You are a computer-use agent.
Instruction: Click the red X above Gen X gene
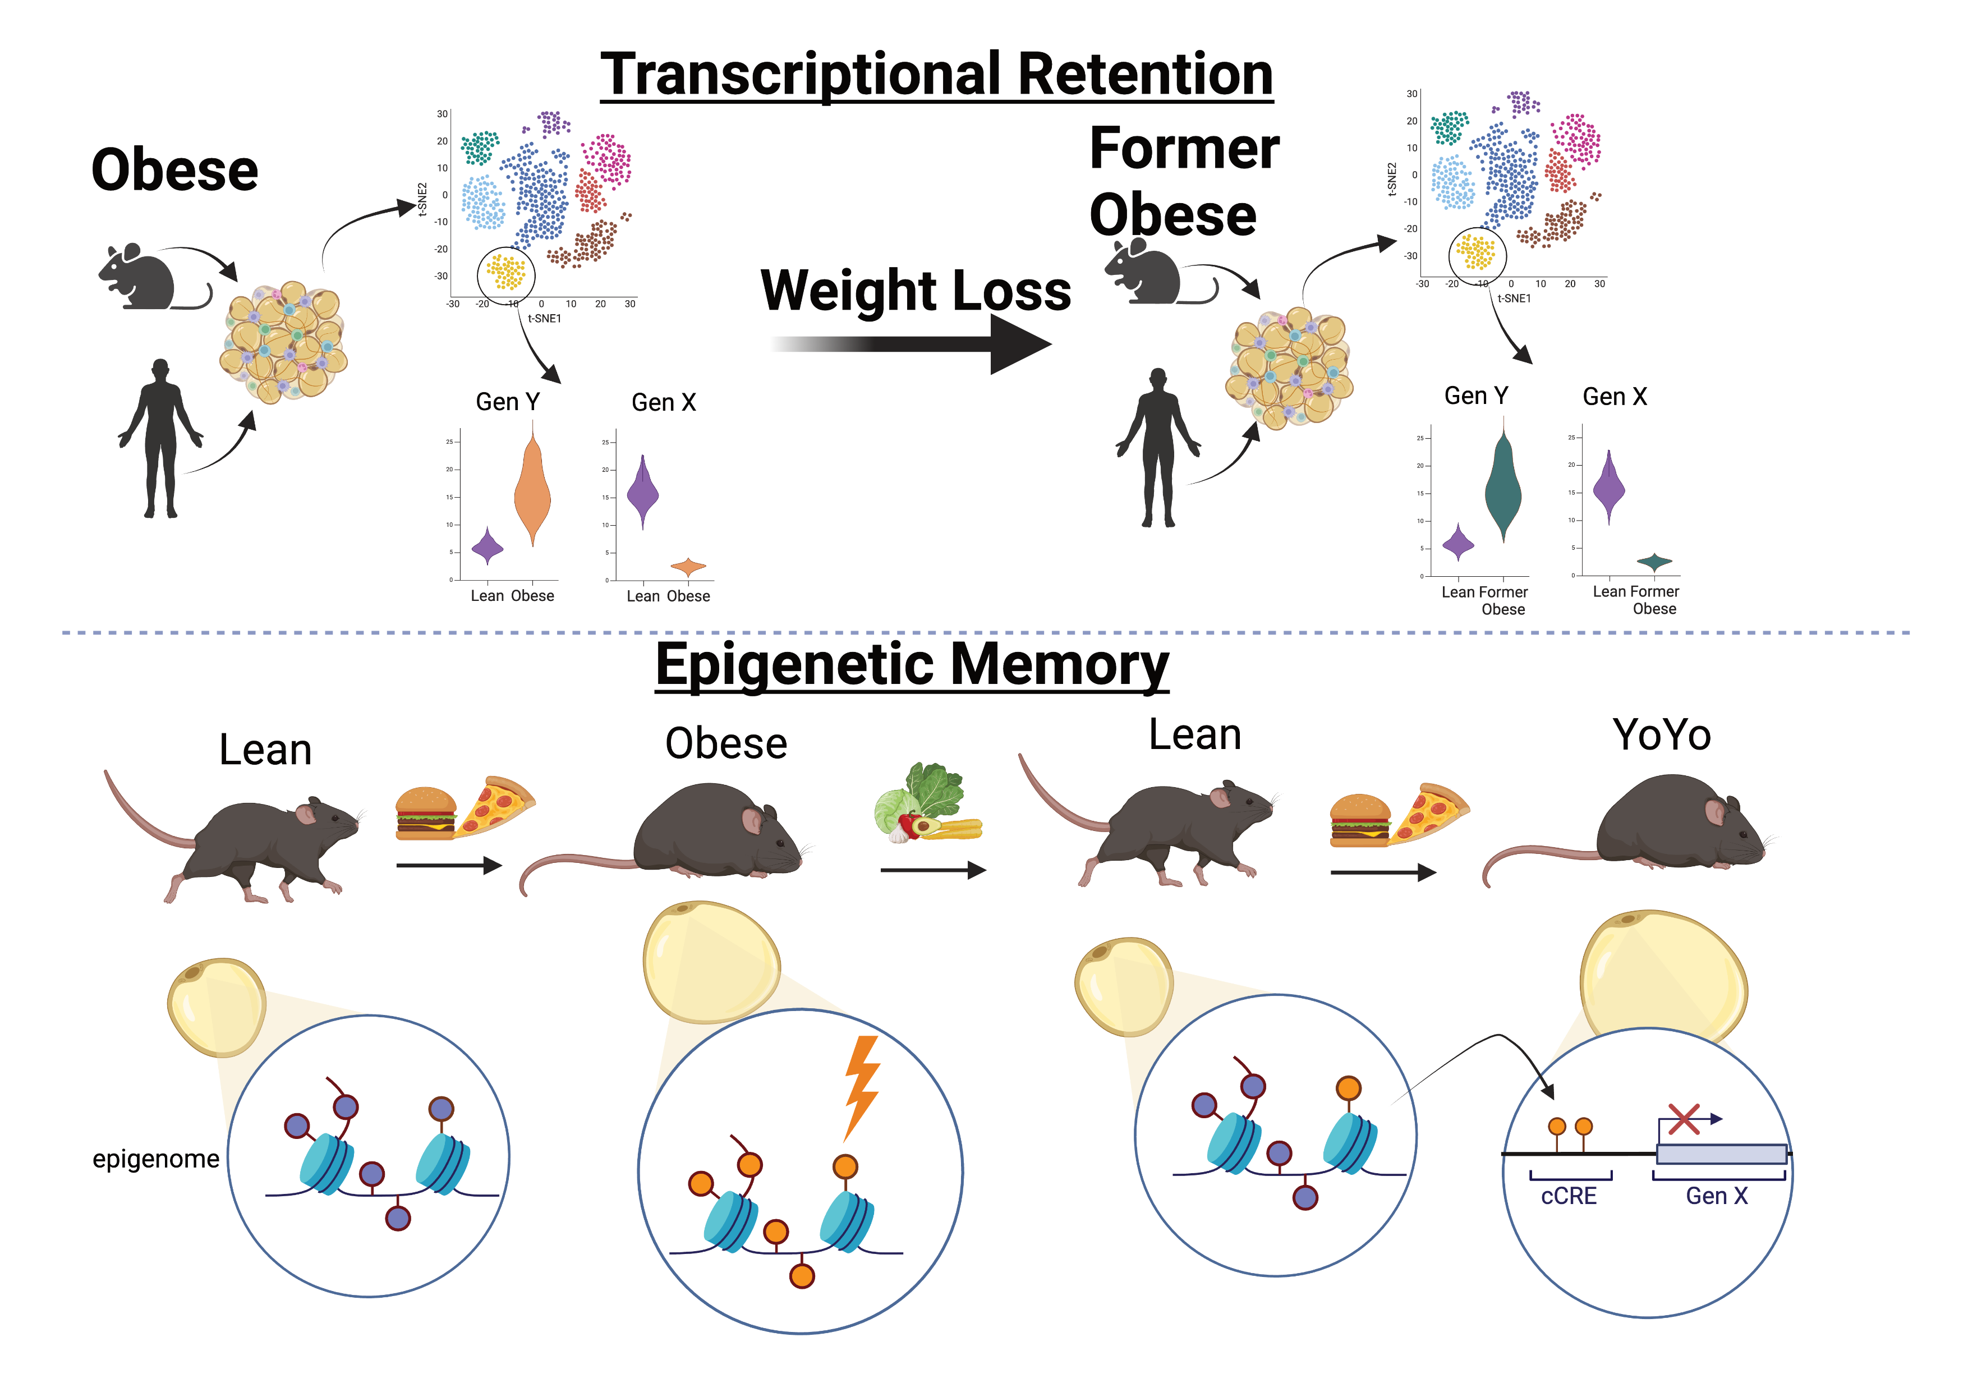point(1684,1119)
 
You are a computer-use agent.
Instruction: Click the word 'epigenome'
point(155,1159)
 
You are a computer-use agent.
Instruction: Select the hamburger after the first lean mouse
point(425,812)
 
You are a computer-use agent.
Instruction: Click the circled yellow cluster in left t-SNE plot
point(505,273)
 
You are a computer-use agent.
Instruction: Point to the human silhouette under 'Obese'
point(161,437)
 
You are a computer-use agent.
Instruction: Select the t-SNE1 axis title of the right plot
point(1513,298)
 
